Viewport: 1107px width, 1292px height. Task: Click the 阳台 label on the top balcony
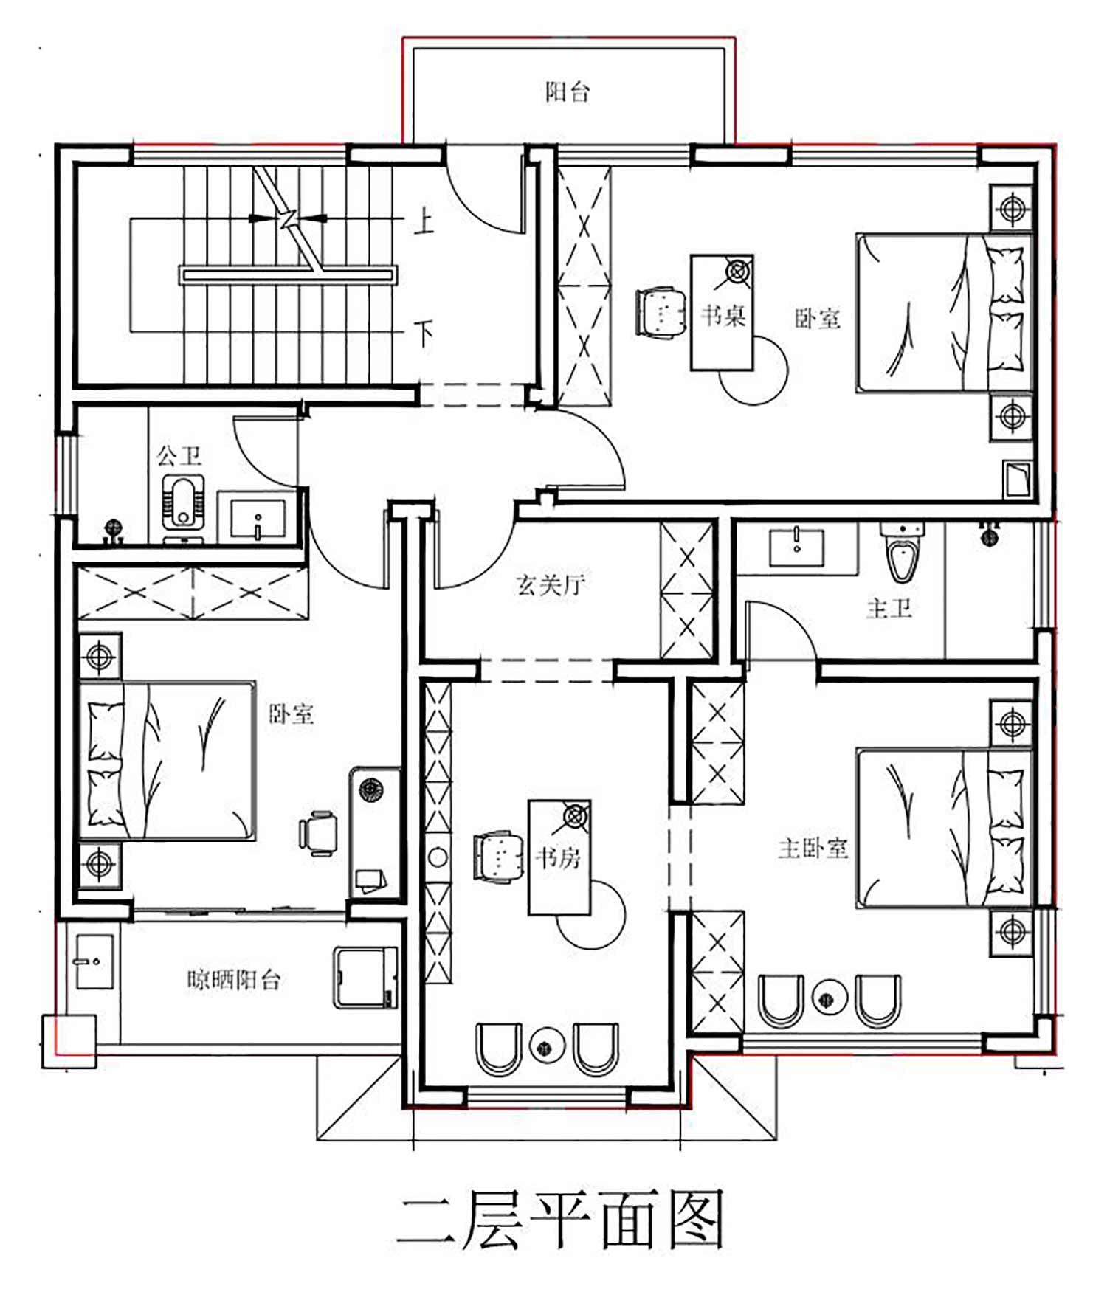click(x=568, y=91)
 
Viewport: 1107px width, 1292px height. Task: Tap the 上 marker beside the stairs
click(x=424, y=221)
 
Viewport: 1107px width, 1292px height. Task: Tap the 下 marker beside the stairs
click(x=424, y=334)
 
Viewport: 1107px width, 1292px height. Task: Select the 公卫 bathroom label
click(x=179, y=455)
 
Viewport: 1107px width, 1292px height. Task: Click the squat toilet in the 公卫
click(x=182, y=501)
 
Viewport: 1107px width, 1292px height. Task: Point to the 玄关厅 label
click(x=551, y=584)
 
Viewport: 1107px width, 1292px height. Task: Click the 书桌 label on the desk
click(x=723, y=315)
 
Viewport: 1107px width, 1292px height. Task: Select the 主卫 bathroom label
click(x=889, y=608)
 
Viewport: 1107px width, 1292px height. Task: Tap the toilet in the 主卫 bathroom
click(x=901, y=551)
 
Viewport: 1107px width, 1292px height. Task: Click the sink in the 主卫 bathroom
click(x=796, y=547)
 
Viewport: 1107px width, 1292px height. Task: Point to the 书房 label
click(x=558, y=857)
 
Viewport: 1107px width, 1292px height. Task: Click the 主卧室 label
click(x=813, y=848)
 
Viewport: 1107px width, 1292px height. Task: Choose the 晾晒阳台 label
click(x=233, y=980)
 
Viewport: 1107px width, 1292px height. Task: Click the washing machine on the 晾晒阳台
click(x=366, y=978)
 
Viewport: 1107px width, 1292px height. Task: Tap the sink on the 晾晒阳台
click(x=94, y=962)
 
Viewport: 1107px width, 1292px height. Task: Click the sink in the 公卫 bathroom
click(x=258, y=517)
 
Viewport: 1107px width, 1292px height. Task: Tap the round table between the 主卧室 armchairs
click(x=829, y=998)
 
